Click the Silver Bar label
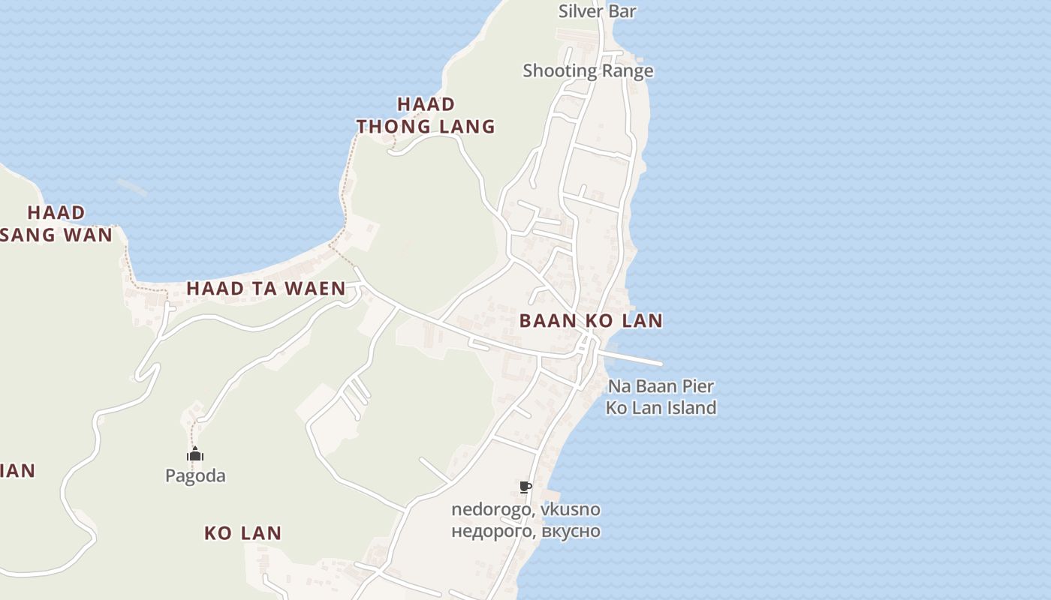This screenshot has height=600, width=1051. pos(597,11)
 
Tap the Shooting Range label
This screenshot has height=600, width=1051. pos(588,70)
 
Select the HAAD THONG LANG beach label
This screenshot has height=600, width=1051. pos(426,115)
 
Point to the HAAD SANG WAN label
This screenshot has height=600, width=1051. pos(56,223)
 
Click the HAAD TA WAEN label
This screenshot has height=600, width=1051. pos(266,288)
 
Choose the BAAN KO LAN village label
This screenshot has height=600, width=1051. pos(591,321)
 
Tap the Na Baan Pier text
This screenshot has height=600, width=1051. pos(661,386)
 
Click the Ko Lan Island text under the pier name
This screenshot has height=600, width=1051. pos(661,408)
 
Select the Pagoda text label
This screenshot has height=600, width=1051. pos(195,475)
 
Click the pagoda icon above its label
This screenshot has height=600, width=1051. pos(195,454)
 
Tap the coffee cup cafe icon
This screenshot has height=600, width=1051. pos(525,487)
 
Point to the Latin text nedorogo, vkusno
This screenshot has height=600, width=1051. pos(525,509)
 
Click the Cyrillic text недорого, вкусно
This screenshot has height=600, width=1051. pos(525,531)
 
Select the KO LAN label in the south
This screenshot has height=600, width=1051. pos(242,533)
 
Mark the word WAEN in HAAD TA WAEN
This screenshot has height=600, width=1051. pos(317,288)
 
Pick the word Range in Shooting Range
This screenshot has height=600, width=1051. pos(628,70)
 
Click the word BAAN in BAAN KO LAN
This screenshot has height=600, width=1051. pos(548,321)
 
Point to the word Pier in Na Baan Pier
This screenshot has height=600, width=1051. pos(698,386)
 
